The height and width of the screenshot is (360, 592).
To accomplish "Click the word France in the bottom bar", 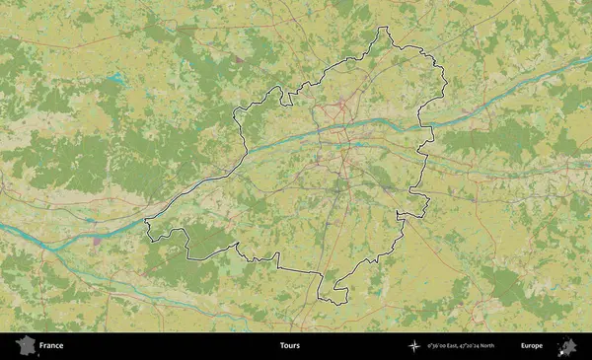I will pos(51,346).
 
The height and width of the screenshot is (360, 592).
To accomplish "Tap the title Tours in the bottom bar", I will pos(289,346).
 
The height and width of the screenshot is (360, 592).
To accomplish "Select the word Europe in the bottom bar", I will pos(532,346).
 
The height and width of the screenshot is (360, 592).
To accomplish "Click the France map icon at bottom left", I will pos(25,345).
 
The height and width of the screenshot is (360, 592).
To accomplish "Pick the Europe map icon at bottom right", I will pos(567,345).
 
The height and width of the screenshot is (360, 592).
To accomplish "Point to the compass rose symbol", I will pos(413,346).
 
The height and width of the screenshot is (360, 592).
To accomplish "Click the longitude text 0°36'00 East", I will pos(445,346).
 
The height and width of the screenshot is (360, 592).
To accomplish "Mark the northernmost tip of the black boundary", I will pos(388,28).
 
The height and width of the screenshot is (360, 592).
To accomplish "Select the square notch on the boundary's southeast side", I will pos(401,215).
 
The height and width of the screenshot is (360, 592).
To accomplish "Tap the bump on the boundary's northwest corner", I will pos(279,93).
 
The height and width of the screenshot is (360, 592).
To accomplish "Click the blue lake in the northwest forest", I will pos(116,76).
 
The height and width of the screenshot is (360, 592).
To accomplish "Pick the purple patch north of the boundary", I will pos(238,59).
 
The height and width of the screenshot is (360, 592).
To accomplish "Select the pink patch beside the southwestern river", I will pos(97,239).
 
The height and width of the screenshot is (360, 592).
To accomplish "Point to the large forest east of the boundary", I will pos(493,138).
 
